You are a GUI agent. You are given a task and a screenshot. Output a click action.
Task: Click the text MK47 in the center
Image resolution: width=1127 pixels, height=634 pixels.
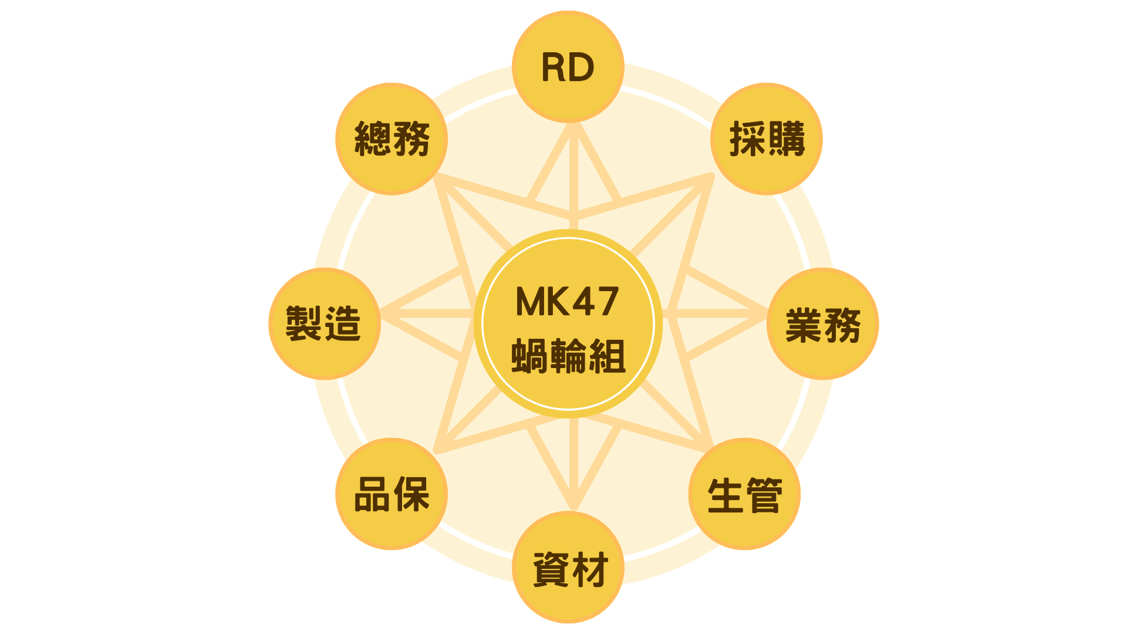567,302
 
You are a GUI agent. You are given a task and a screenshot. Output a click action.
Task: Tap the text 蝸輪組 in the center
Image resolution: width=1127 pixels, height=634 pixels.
568,356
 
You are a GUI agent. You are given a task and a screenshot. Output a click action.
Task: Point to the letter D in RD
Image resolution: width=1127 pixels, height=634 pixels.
582,68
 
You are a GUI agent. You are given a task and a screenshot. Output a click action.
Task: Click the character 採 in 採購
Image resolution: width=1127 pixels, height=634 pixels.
747,139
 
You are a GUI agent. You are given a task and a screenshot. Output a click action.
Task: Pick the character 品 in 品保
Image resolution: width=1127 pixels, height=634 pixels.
372,494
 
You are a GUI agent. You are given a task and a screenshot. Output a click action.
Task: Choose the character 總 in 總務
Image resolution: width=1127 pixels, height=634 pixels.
372,139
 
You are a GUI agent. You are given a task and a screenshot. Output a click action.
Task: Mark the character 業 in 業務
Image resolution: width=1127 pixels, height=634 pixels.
803,325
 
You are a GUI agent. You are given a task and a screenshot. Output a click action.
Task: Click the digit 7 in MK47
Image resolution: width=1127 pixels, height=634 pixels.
607,302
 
